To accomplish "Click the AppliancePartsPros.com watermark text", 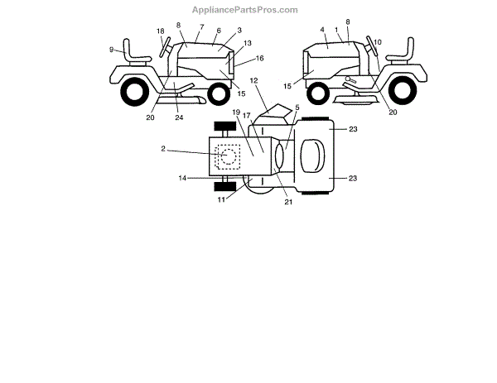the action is click(245, 10).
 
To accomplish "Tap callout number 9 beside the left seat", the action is click(111, 50).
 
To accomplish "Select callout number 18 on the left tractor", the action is click(161, 31).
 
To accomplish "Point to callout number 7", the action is click(201, 26).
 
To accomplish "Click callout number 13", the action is click(248, 43).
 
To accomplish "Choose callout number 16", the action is click(259, 59).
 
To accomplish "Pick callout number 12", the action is click(254, 80).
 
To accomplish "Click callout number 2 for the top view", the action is click(163, 149).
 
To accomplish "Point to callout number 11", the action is click(221, 199).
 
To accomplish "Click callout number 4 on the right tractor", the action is click(321, 30).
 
